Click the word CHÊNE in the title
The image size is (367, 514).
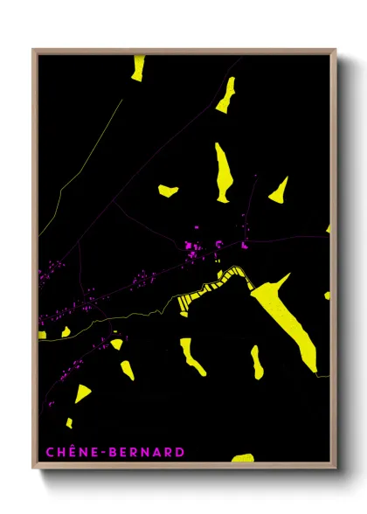tap(68, 452)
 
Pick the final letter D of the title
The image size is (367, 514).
tap(180, 452)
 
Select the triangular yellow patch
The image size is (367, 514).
tap(280, 189)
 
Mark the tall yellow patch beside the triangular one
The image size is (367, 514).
tap(224, 171)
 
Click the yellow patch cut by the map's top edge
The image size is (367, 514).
tap(138, 68)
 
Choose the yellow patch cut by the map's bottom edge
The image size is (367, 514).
tap(243, 457)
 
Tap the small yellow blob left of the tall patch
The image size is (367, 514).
tap(168, 189)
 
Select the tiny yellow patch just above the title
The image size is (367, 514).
tap(69, 423)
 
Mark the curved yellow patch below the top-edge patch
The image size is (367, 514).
tap(225, 94)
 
